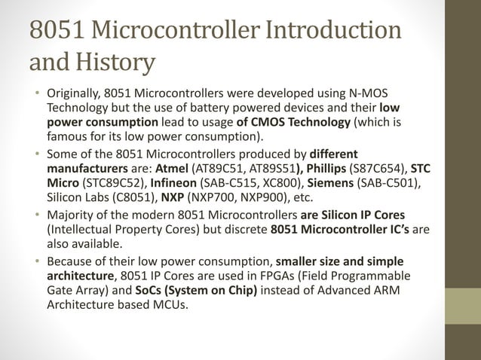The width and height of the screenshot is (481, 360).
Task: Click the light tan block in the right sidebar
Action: (462, 306)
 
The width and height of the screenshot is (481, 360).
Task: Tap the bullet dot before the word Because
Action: (36, 261)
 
